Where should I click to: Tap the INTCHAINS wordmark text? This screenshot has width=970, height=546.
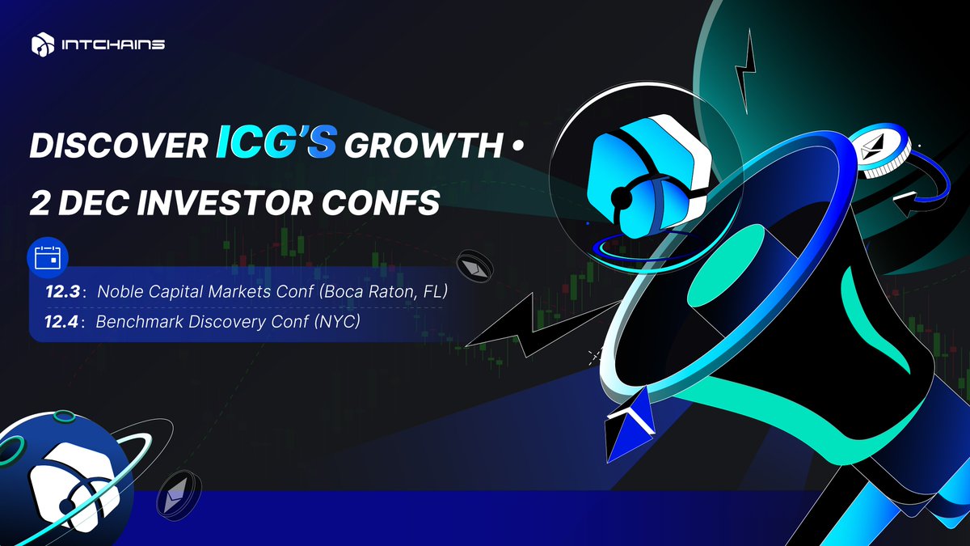click(113, 44)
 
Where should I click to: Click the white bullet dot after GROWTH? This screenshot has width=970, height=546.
click(518, 147)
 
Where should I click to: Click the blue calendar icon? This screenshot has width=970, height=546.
click(48, 256)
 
